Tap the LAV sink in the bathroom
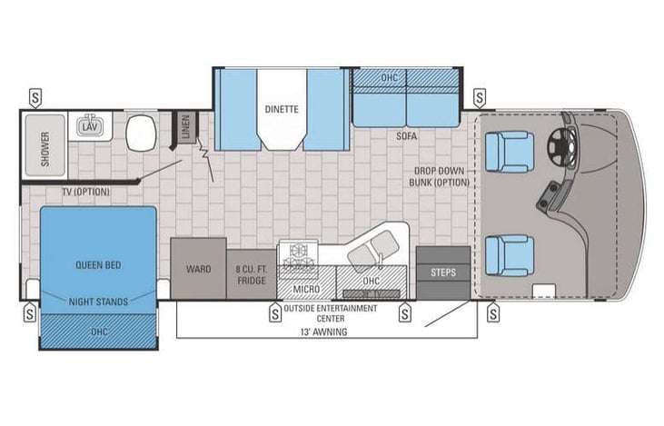(x=88, y=128)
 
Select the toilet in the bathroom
(x=141, y=135)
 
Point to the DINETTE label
(x=282, y=109)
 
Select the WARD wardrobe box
(x=198, y=269)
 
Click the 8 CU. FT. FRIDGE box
(x=251, y=274)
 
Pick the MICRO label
(x=305, y=289)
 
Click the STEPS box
(x=443, y=272)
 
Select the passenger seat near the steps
(x=509, y=254)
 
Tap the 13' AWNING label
(x=325, y=332)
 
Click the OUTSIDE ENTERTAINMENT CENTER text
(x=336, y=312)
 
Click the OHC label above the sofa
(x=389, y=78)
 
